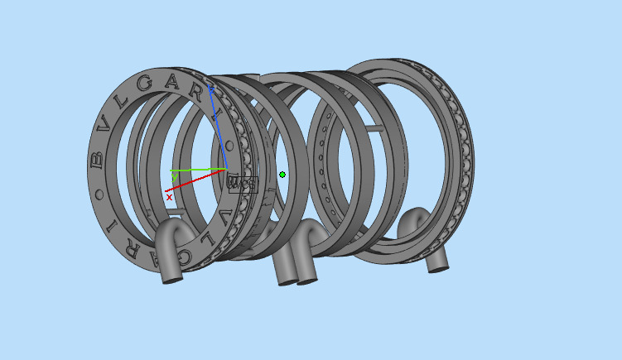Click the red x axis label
[169, 197]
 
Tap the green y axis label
[175, 176]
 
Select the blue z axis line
[218, 124]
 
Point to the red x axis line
[199, 183]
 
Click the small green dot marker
[282, 175]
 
